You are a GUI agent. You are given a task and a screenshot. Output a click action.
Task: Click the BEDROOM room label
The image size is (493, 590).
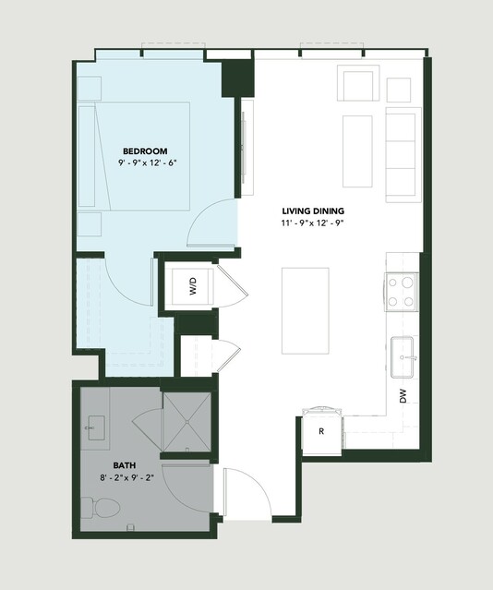(x=145, y=151)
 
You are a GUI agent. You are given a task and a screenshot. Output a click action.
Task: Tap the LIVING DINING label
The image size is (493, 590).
(x=313, y=211)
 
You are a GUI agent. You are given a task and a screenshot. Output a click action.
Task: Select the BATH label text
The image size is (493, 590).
(x=125, y=465)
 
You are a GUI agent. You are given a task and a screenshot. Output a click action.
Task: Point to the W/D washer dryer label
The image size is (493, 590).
(x=193, y=286)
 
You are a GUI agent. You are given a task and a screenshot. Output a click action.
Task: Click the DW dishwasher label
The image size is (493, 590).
(x=403, y=396)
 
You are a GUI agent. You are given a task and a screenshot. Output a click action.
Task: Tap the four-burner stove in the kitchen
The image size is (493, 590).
(x=402, y=292)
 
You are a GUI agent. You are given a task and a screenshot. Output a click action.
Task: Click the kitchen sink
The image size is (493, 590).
(x=402, y=357)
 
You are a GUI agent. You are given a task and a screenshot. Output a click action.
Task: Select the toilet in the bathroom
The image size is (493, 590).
(x=101, y=508)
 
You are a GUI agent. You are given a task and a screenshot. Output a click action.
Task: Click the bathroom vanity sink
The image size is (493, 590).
(x=96, y=427)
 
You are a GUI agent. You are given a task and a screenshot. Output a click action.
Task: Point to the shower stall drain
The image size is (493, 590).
(x=187, y=422)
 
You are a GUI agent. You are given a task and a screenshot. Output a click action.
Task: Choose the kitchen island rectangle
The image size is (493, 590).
(x=306, y=311)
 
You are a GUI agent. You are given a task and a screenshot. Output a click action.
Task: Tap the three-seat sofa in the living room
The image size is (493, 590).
(x=403, y=154)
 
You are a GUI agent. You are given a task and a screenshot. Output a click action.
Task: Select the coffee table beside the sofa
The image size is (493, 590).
(x=357, y=151)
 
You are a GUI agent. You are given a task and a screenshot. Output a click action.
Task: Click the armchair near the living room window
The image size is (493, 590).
(x=358, y=83)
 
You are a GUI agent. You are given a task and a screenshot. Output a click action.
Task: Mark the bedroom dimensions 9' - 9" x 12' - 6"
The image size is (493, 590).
(x=147, y=163)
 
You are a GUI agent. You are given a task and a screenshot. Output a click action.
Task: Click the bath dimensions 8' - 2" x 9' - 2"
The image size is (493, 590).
(x=127, y=478)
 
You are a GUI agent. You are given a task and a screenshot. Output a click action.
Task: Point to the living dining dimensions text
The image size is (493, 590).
(x=313, y=223)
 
